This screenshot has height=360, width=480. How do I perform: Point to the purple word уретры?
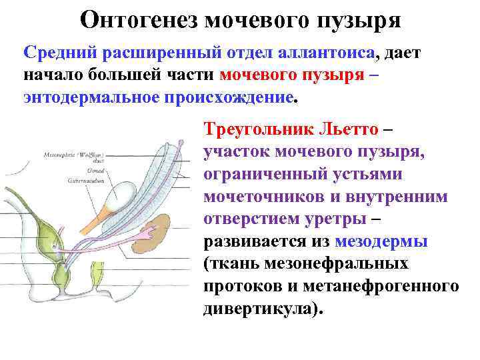[x=334, y=219]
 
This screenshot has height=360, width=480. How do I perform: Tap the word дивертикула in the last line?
[x=256, y=309]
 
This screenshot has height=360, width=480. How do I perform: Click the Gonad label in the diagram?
[x=75, y=170]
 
